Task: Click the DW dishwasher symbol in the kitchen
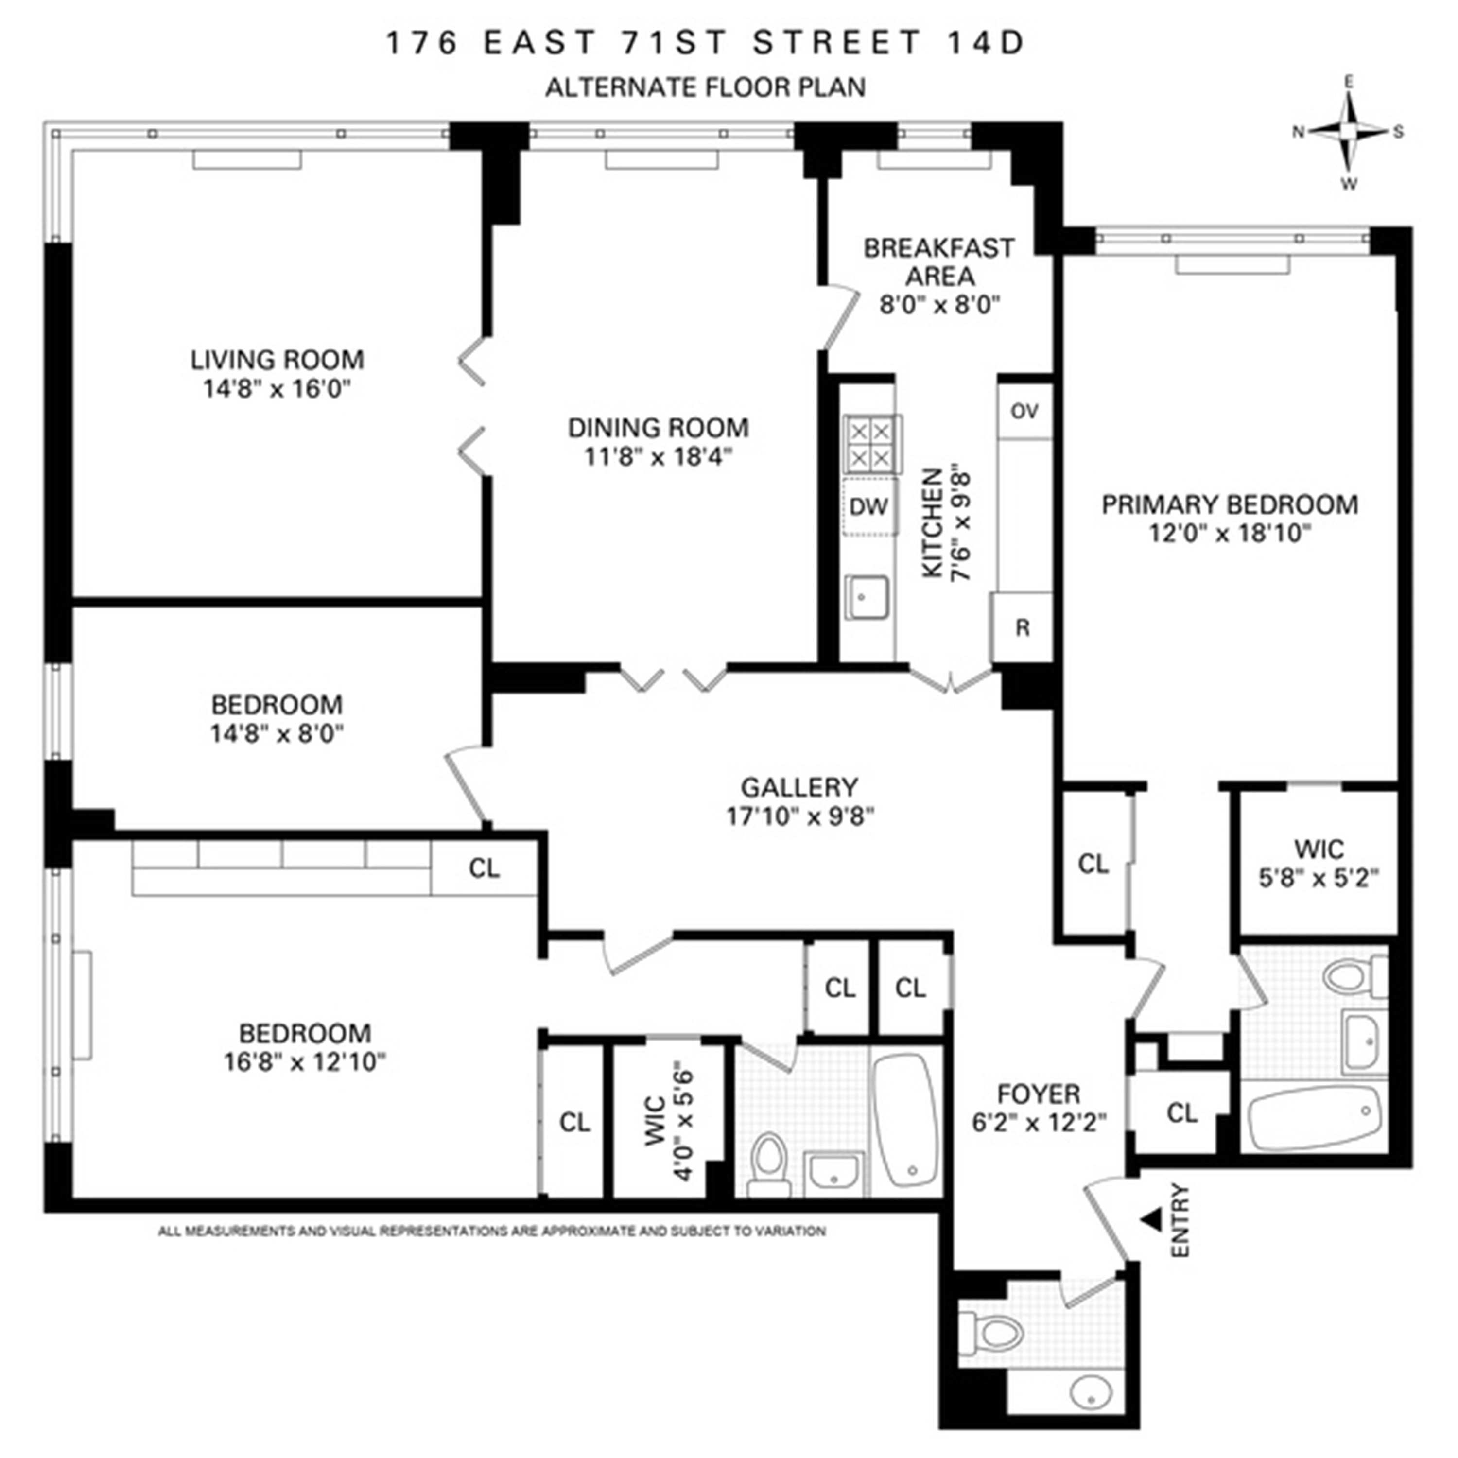pos(868,506)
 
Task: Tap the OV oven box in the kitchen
pos(1024,411)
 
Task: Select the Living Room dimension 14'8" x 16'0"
pos(277,389)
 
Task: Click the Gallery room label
pos(799,787)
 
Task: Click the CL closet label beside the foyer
pos(1182,1112)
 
